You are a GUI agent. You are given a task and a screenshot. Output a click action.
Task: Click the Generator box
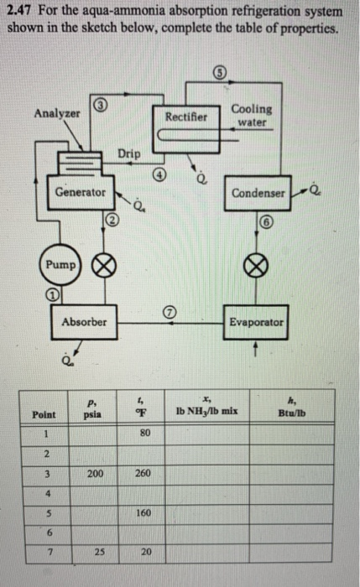(x=81, y=192)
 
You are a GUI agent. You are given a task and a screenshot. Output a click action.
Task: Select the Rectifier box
(x=186, y=118)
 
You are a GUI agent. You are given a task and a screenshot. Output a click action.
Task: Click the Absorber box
(x=83, y=321)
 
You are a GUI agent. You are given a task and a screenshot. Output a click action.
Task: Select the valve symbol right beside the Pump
(x=102, y=265)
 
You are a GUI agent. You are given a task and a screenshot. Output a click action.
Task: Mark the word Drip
(x=129, y=153)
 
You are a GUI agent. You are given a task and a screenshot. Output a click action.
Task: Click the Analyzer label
(x=56, y=112)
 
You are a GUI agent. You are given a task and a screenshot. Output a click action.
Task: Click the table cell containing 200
(x=91, y=473)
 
